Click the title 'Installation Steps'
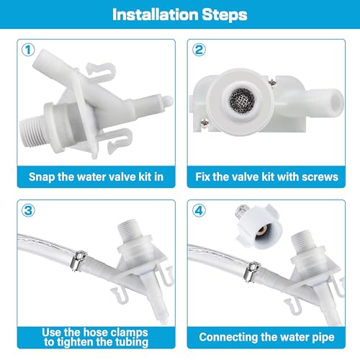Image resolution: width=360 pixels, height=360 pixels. tap(180, 14)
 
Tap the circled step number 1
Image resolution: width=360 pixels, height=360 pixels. tap(27, 51)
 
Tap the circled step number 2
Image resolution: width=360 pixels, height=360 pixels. tap(198, 51)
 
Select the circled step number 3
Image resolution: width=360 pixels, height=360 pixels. tap(27, 212)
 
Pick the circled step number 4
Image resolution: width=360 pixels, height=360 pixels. tap(198, 212)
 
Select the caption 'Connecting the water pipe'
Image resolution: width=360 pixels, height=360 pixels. tap(269, 336)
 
